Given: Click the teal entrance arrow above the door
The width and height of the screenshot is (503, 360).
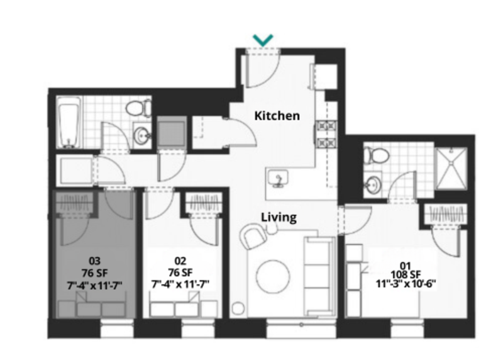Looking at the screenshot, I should point(263,40).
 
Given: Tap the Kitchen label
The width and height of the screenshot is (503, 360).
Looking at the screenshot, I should point(277,116).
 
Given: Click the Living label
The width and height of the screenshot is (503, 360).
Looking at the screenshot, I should point(279,217).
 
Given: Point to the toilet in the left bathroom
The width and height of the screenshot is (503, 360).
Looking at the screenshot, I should point(138,109).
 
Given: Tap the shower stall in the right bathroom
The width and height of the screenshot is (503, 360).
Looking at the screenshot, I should point(451,167).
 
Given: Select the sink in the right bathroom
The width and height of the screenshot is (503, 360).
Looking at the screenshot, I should point(373,184).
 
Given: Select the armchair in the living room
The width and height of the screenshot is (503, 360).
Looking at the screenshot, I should point(254,238).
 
